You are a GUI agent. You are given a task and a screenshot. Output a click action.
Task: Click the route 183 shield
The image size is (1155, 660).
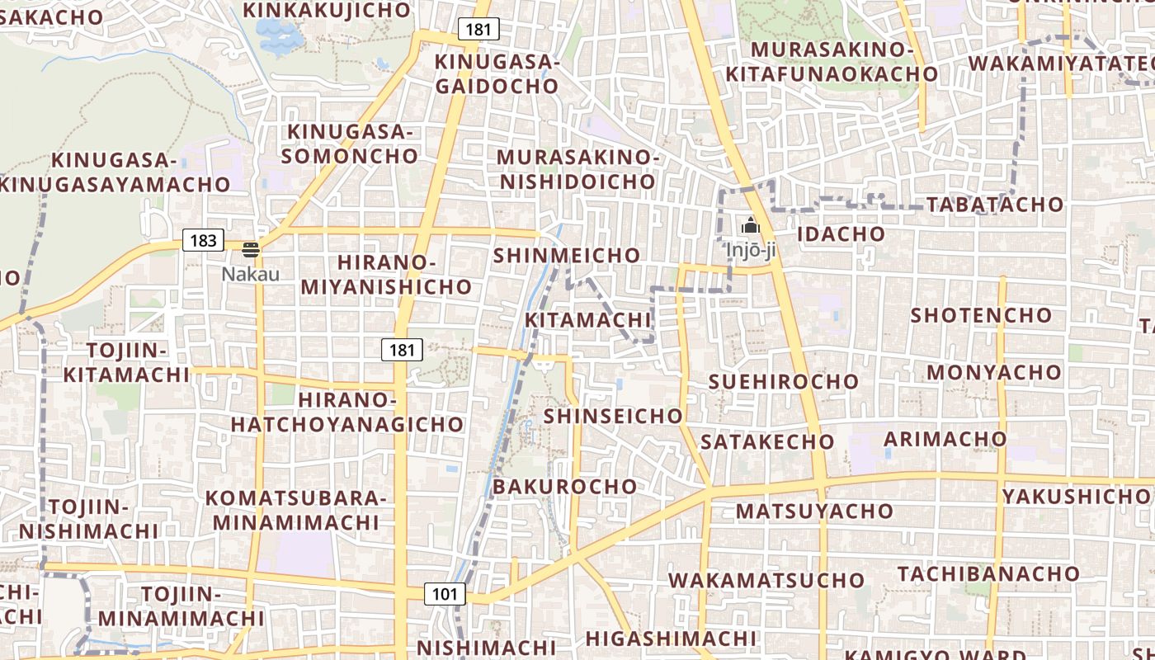click(203, 241)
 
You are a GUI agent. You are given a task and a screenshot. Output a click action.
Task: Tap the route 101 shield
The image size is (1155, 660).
click(445, 594)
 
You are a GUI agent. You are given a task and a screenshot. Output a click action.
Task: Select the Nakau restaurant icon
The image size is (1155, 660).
click(251, 250)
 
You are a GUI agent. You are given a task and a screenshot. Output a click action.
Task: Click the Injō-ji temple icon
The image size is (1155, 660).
click(750, 225)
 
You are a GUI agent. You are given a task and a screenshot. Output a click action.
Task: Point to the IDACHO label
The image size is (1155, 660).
click(841, 233)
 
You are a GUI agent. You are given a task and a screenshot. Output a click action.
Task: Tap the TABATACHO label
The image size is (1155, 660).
click(995, 205)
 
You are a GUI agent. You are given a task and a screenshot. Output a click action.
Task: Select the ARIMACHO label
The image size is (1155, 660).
click(945, 439)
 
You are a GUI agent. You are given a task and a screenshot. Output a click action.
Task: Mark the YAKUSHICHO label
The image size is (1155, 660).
click(1075, 496)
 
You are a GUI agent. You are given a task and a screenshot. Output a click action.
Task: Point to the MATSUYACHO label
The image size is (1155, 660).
click(814, 511)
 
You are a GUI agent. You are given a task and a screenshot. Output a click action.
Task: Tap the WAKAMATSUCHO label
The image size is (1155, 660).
click(766, 580)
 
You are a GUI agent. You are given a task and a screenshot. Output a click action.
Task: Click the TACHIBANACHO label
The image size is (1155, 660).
click(988, 573)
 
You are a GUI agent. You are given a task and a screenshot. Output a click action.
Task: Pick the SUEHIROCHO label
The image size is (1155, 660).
click(784, 382)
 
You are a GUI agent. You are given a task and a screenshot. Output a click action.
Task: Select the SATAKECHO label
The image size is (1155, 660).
click(767, 442)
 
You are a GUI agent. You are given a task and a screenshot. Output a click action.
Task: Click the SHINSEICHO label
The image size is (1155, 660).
click(613, 416)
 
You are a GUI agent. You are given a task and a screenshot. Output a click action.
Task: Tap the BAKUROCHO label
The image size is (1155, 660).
click(564, 487)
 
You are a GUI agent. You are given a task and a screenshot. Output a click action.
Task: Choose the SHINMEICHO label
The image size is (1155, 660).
click(566, 256)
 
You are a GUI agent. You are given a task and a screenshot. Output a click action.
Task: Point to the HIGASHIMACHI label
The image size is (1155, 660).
click(671, 639)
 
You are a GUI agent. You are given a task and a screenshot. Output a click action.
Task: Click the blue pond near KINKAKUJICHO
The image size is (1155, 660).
click(277, 35)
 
